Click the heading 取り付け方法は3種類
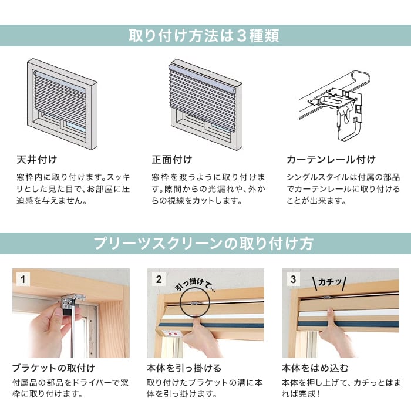coord(205,36)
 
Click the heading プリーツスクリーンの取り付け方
coord(205,243)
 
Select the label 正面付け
coord(171,160)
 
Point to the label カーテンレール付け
coord(331,160)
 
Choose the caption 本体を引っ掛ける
coord(183,368)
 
